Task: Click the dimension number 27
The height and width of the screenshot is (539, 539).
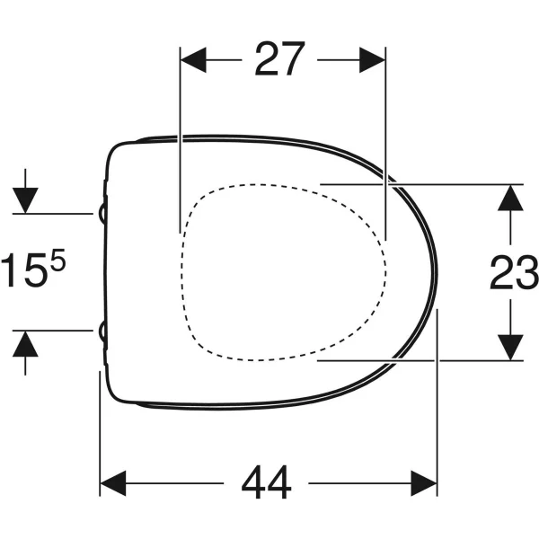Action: pos(279,58)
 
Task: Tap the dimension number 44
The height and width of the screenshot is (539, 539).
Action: pos(267,482)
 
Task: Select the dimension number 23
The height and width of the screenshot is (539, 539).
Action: pos(514,272)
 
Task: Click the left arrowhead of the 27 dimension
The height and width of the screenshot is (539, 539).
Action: pos(193,60)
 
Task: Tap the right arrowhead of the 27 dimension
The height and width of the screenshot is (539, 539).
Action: pos(372,60)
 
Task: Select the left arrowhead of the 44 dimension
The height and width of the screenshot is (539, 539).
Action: pos(113,483)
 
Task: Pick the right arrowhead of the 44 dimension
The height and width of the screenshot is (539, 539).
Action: pos(424,483)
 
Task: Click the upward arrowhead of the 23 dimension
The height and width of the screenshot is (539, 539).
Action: pos(510,198)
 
